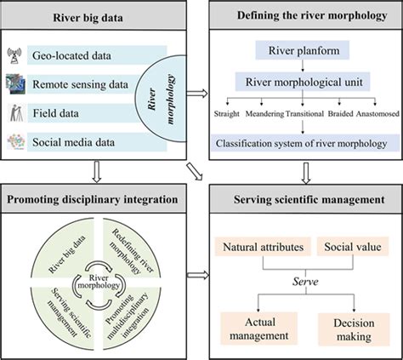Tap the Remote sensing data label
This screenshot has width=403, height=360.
pyautogui.click(x=84, y=84)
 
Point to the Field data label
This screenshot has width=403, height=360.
pyautogui.click(x=65, y=111)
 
